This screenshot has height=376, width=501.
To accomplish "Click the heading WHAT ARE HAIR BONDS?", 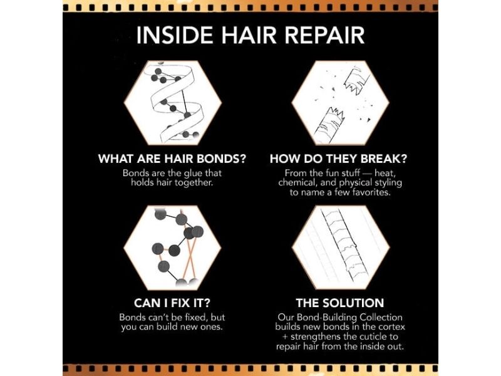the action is (172, 159).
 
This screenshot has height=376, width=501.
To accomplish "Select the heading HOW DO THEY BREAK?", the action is (338, 159).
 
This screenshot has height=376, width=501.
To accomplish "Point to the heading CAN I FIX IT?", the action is (172, 303).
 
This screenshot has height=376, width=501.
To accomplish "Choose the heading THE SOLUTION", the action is (340, 303).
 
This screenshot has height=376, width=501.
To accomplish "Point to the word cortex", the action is (392, 327).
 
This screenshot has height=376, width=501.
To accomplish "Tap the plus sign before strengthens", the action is (285, 337).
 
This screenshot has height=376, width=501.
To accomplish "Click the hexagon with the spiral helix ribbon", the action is (173, 103).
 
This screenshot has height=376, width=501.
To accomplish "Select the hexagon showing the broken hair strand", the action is (340, 103).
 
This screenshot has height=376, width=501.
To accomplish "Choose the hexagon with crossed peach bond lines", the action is (173, 247).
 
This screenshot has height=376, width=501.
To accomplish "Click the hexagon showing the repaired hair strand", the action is (341, 247).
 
